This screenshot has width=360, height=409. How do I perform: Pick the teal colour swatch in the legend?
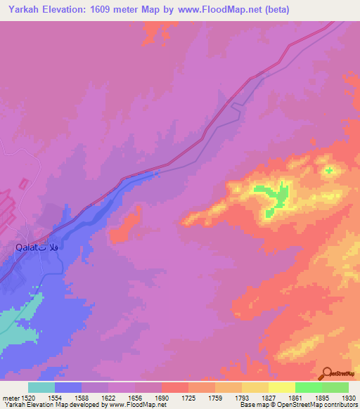[x=41, y=387]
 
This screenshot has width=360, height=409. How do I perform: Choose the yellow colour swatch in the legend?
[x=281, y=387]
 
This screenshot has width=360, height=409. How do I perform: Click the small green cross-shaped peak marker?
[x=328, y=171]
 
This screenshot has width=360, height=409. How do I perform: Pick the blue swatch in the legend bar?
[x=68, y=387]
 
